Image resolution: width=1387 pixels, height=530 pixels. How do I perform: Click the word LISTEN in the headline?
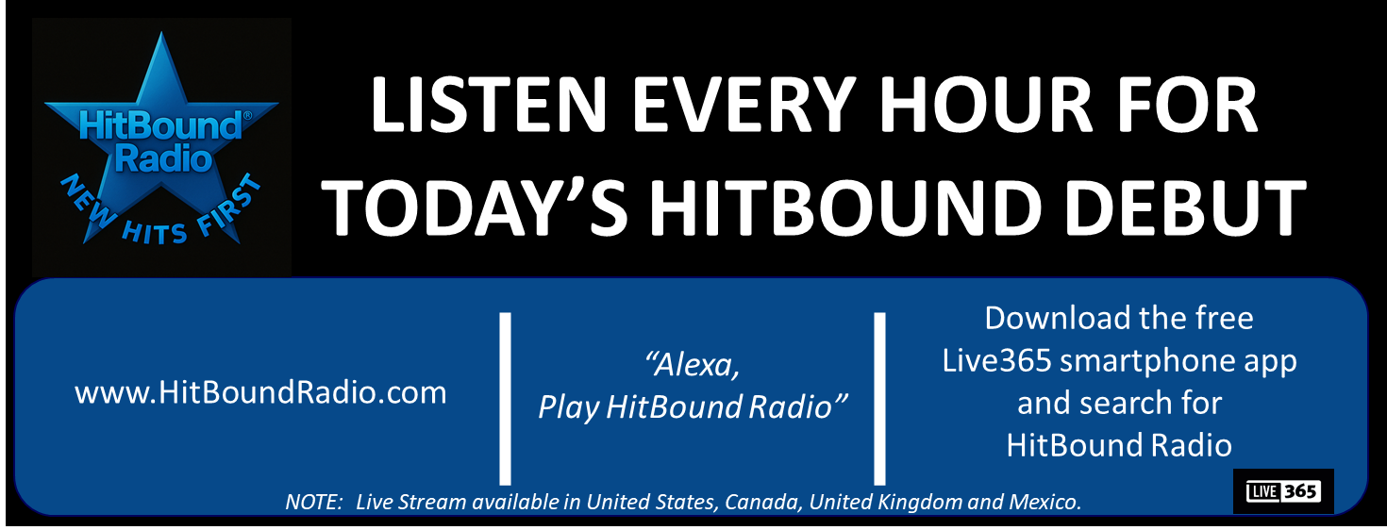[488, 105]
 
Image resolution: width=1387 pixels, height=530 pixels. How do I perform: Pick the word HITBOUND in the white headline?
[845, 208]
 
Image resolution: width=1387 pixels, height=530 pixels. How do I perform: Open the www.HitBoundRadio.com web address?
[260, 392]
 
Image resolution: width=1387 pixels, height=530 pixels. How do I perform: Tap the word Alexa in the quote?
[692, 364]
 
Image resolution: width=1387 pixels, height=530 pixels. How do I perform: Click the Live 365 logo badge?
[1283, 491]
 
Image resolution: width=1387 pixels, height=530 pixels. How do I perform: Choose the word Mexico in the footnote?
[1044, 502]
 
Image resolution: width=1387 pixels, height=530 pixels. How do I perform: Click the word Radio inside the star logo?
[163, 159]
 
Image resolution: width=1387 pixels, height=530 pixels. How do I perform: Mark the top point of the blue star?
[161, 32]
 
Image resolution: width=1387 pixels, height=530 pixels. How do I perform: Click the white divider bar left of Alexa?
[506, 399]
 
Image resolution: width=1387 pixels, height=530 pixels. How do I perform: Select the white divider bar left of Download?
[880, 399]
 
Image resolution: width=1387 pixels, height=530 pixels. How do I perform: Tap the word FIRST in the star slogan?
[229, 205]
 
